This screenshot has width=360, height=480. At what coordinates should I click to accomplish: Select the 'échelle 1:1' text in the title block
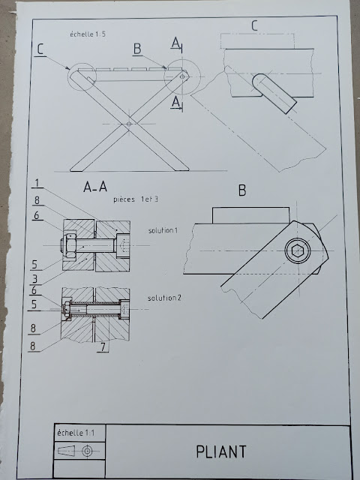(74, 433)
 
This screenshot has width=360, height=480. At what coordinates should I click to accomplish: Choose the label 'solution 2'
(166, 298)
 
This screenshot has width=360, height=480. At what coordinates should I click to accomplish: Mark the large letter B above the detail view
(242, 191)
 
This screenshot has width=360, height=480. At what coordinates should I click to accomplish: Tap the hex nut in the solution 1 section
(69, 244)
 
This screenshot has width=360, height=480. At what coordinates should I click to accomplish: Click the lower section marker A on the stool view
(175, 100)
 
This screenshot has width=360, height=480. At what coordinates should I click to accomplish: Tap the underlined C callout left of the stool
(40, 49)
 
